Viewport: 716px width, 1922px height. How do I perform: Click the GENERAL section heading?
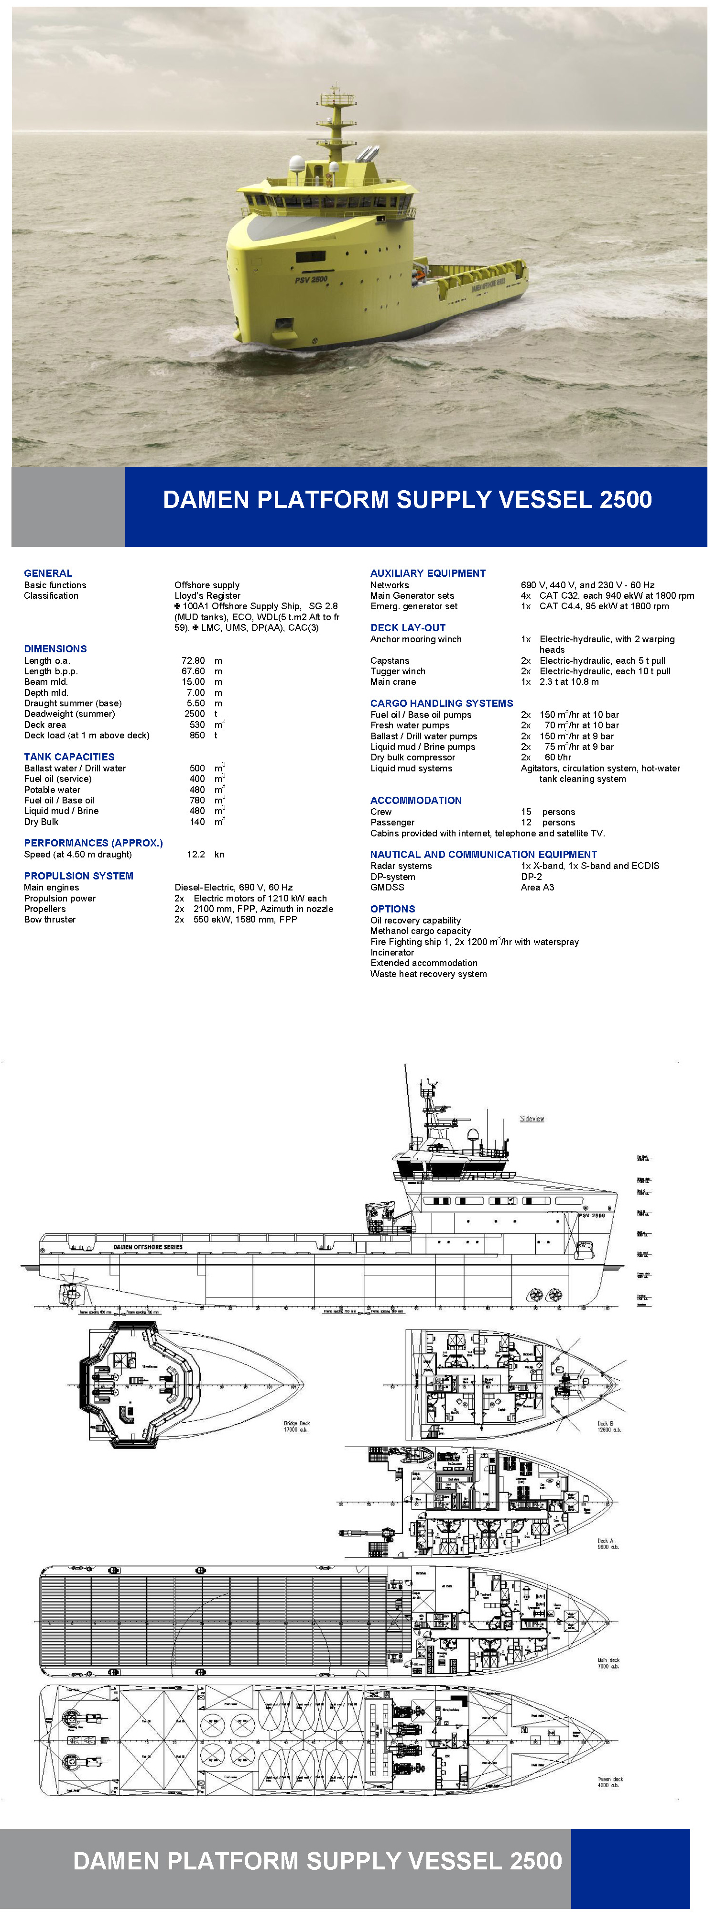48,573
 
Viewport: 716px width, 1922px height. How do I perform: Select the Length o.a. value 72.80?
193,660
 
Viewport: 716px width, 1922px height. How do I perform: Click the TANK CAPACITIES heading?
69,757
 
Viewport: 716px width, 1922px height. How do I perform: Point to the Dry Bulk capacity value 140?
197,822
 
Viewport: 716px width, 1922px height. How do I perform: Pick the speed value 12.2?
195,854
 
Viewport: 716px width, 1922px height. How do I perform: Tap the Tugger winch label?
398,671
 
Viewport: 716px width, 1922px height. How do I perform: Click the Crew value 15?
527,812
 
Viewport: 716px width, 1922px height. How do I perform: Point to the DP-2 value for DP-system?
531,877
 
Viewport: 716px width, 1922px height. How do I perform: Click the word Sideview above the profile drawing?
532,1119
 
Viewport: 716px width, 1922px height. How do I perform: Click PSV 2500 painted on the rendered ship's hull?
311,280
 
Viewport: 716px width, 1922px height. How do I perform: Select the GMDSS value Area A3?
537,887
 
